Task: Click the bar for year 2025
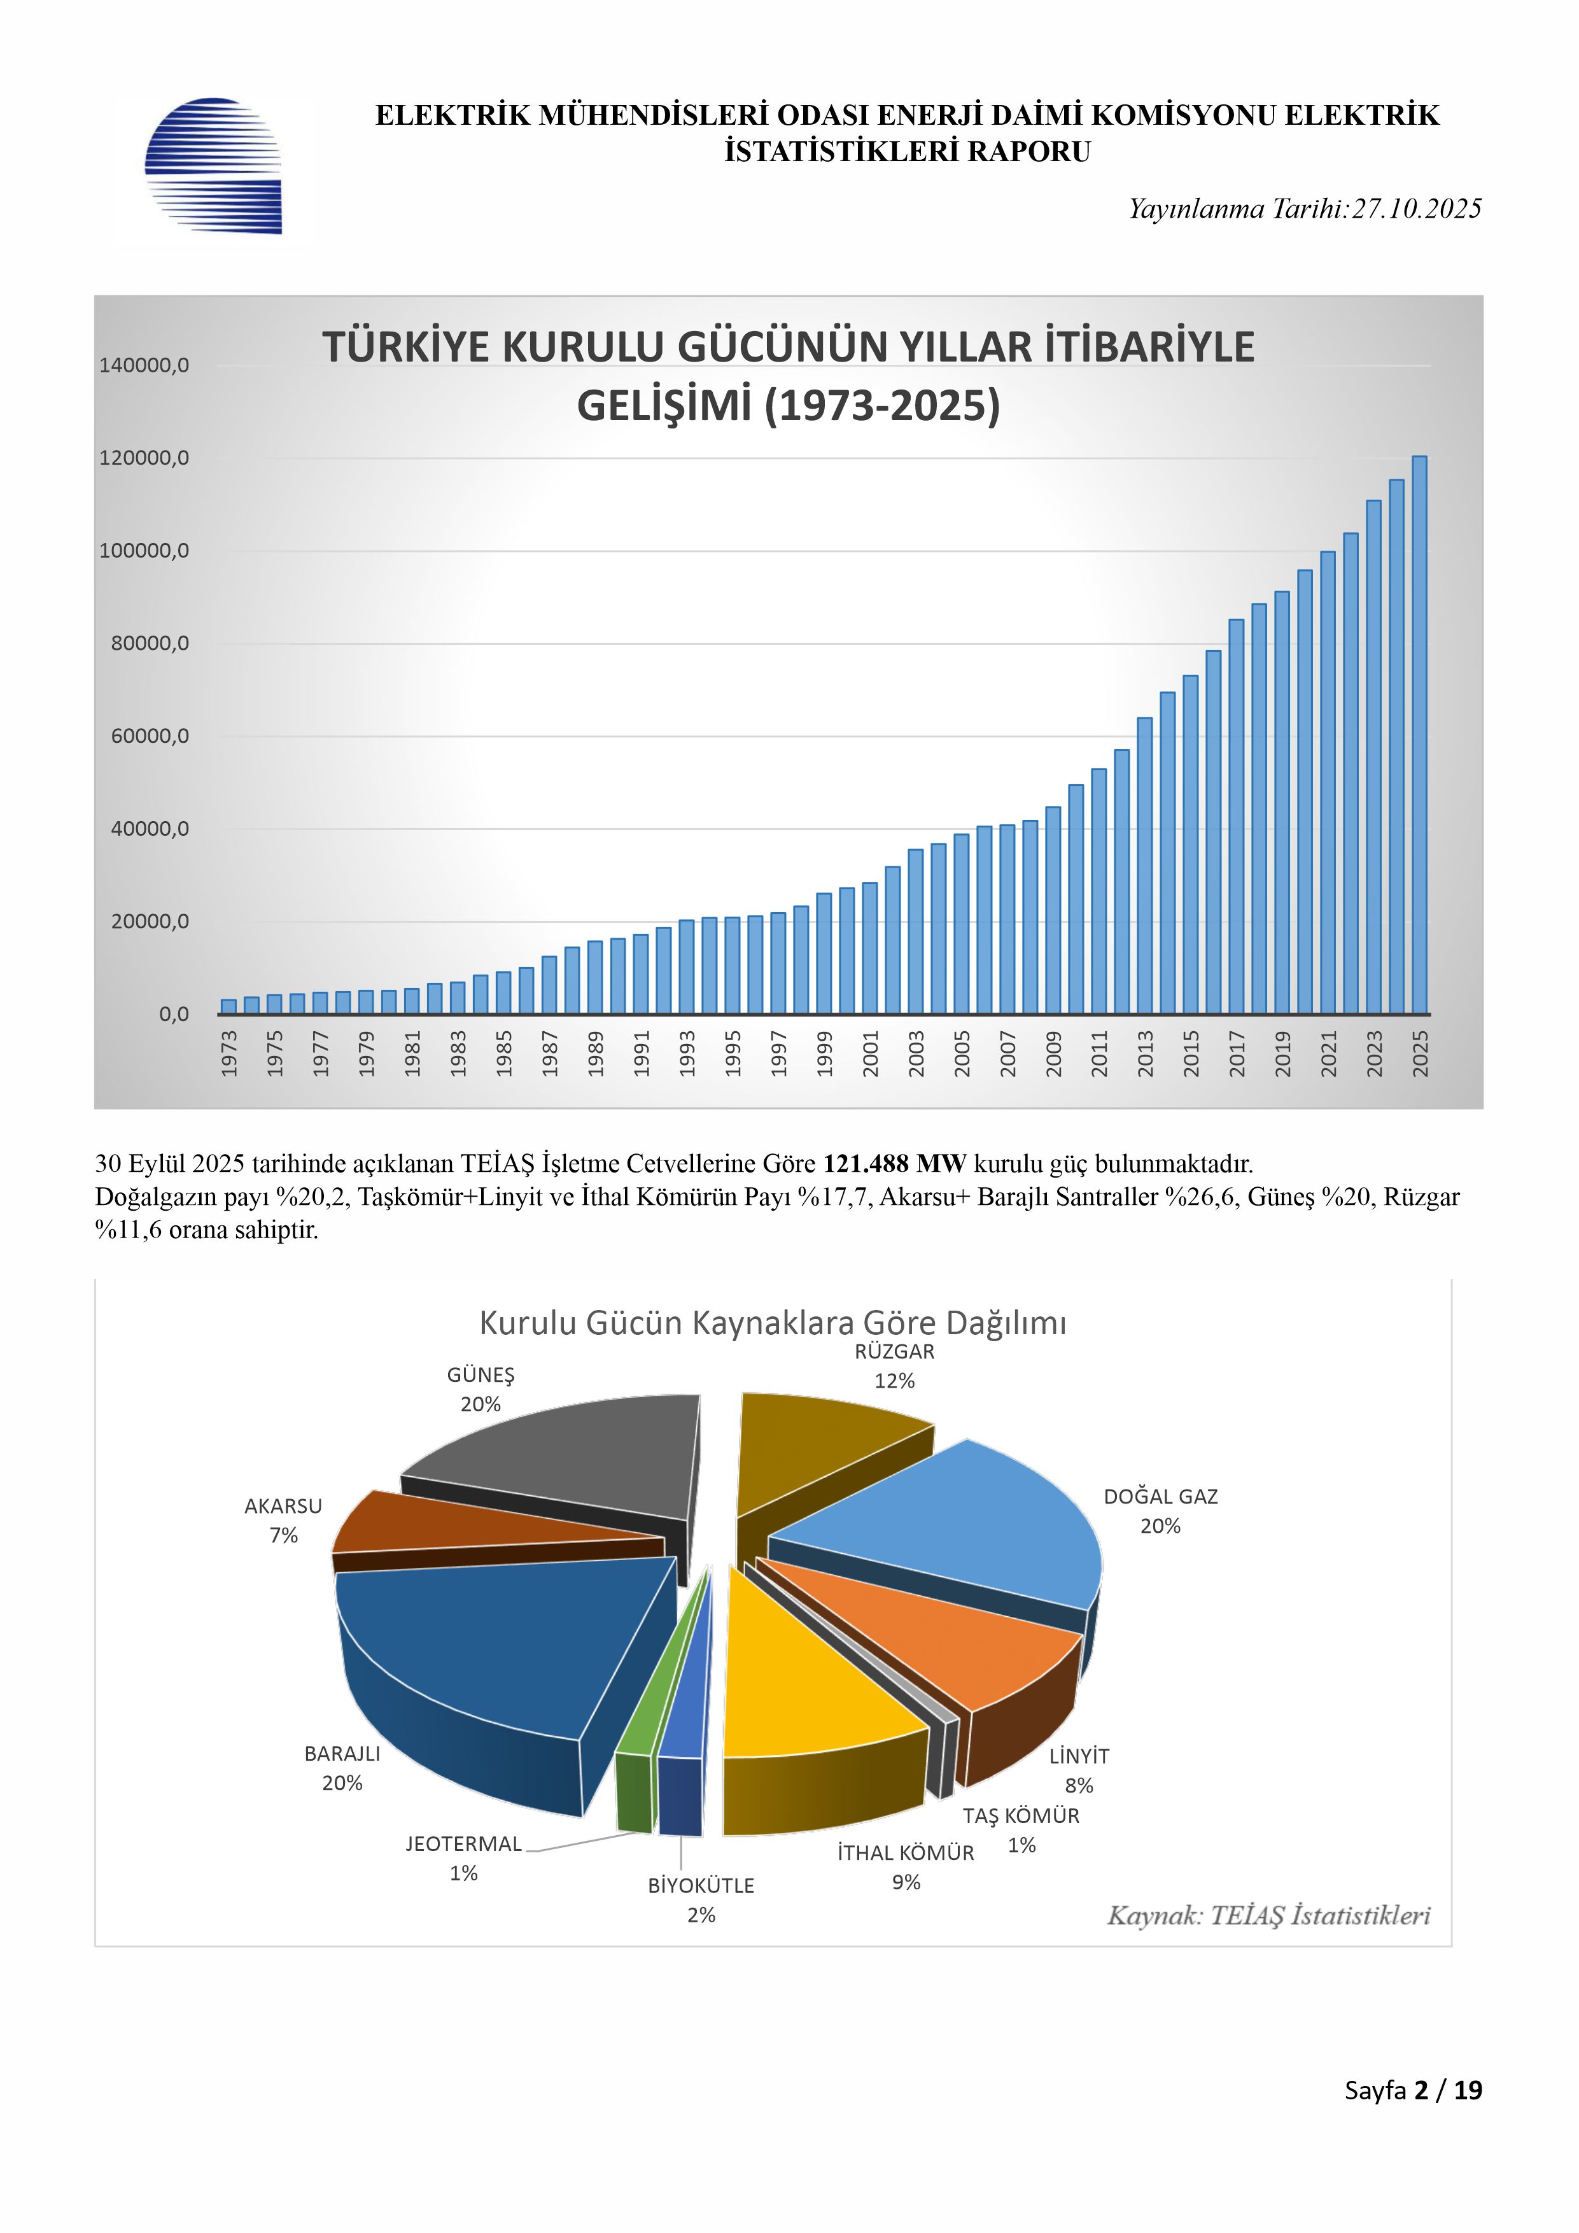(x=1419, y=735)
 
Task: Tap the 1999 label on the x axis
(x=824, y=1053)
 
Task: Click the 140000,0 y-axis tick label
(x=144, y=365)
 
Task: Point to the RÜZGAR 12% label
(x=894, y=1365)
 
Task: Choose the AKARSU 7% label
(x=283, y=1520)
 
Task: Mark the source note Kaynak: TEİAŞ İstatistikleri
(x=1269, y=1916)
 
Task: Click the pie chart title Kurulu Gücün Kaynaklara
(x=773, y=1323)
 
